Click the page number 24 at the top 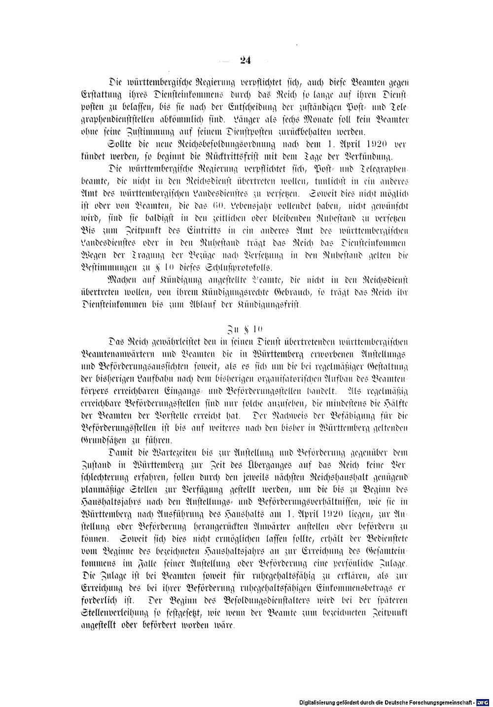click(246, 61)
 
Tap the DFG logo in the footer click(483, 702)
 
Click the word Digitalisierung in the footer click(319, 702)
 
